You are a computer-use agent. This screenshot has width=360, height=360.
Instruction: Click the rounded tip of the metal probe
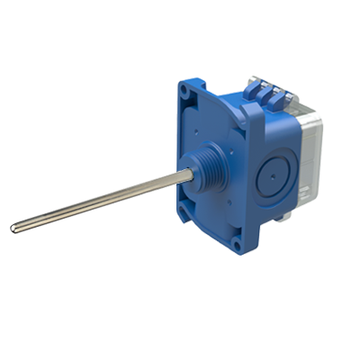coord(15,229)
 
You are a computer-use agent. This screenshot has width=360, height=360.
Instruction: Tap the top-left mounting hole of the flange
coord(186,91)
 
